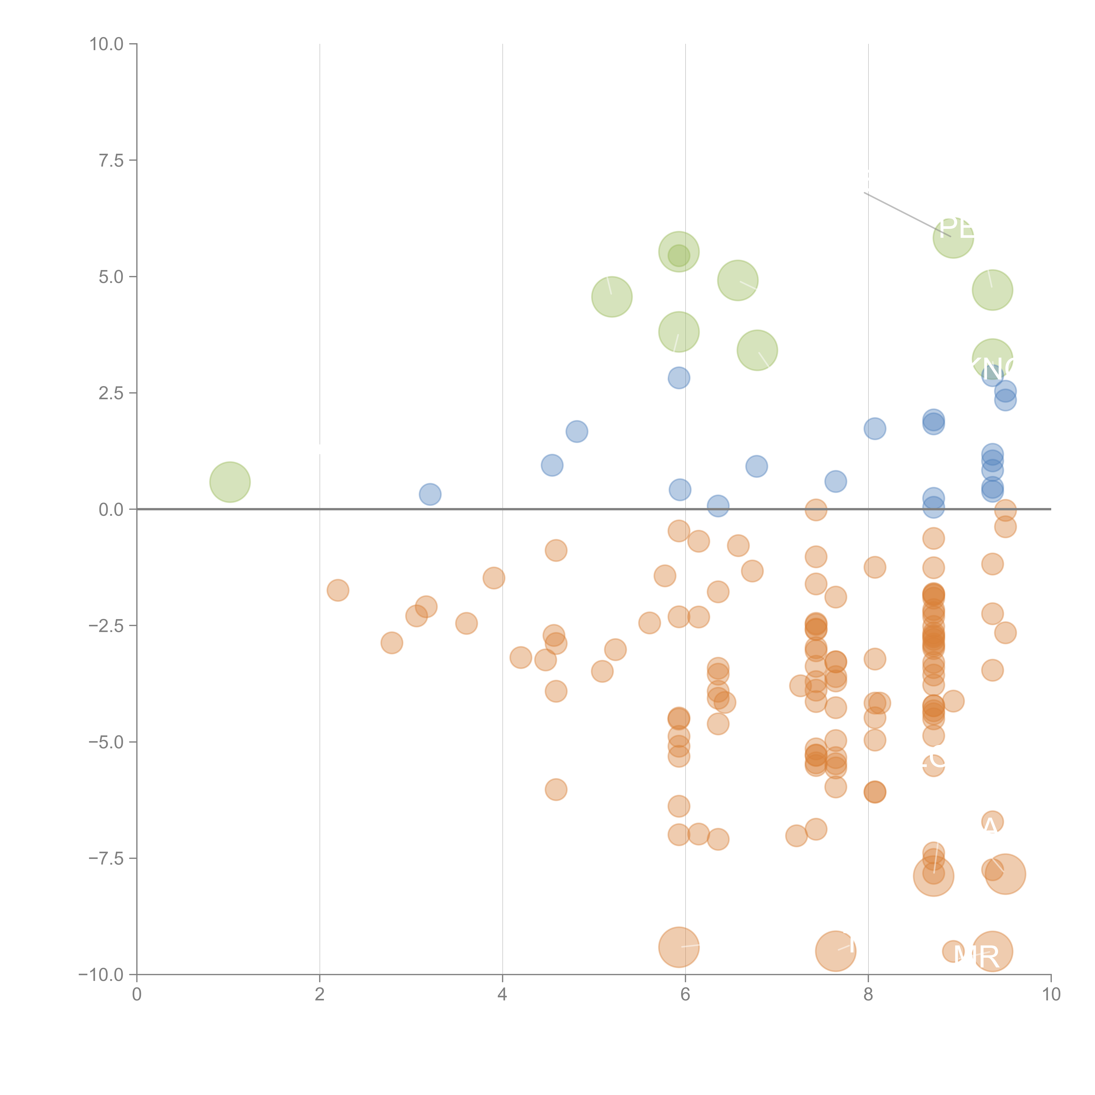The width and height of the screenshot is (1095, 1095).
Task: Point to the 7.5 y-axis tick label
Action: tap(111, 160)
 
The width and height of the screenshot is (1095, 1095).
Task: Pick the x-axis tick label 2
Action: tap(320, 995)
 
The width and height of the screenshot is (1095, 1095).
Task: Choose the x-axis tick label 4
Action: tap(502, 995)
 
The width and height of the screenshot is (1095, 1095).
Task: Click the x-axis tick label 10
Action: tap(1051, 995)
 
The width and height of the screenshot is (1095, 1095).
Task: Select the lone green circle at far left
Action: tap(230, 482)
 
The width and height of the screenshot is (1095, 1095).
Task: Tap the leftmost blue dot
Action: tap(430, 494)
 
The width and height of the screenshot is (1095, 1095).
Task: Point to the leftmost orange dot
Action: tap(338, 590)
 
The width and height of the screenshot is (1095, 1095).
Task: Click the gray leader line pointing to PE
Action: tap(907, 214)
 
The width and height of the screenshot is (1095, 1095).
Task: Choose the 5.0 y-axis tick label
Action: tap(111, 277)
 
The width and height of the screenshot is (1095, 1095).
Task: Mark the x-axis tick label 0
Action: tap(137, 995)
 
